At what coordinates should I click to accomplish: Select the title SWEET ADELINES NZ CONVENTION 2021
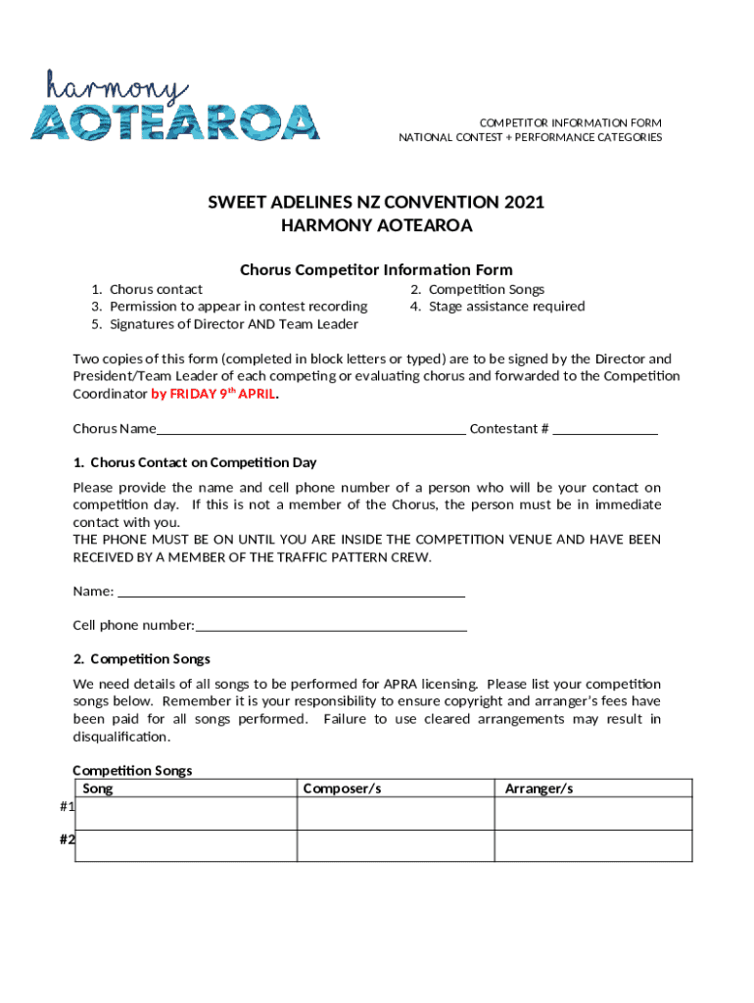pos(376,203)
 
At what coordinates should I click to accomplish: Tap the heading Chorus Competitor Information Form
pos(376,269)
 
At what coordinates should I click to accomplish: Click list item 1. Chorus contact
pos(147,289)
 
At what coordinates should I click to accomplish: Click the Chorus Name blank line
pos(311,428)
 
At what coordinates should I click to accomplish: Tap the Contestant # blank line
pos(605,428)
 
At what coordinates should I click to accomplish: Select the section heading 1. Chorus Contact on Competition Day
pos(195,462)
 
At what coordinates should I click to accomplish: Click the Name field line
pos(291,591)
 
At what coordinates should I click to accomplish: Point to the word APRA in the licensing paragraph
pos(402,684)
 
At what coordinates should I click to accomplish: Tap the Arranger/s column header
pos(539,788)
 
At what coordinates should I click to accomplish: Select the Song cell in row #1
pos(186,813)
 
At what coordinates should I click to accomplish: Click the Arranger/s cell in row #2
pos(592,845)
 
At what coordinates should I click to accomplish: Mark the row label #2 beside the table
pos(67,839)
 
